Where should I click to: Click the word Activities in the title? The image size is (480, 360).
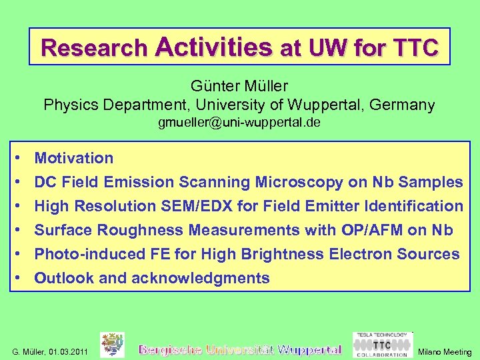[213, 47]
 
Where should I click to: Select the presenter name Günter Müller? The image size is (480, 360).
[239, 86]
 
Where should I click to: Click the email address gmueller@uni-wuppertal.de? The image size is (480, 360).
[239, 123]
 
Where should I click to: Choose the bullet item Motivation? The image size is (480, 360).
[74, 159]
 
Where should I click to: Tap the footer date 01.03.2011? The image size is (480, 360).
[69, 352]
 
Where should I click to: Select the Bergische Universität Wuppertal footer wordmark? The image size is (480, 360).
[240, 349]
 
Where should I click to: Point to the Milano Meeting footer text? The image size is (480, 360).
[445, 352]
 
